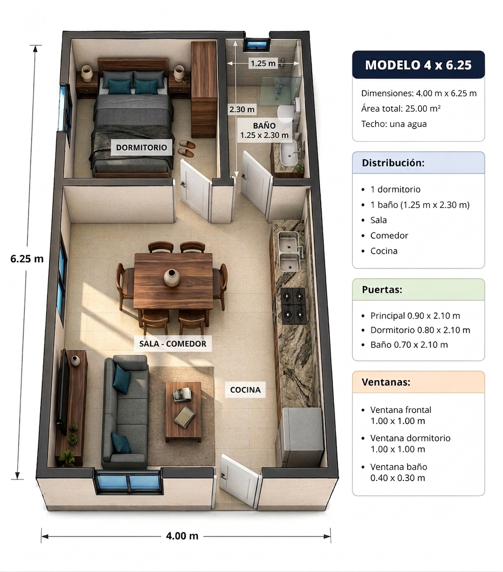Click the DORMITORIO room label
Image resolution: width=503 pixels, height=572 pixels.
coord(141,147)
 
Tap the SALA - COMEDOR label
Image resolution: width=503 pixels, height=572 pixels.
coord(173,344)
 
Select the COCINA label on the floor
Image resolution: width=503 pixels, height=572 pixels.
coord(245,390)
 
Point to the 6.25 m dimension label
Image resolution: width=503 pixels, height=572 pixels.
coord(27,259)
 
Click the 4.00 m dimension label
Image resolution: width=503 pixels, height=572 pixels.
coord(182,535)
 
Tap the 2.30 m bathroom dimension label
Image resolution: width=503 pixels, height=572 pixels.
coord(242,109)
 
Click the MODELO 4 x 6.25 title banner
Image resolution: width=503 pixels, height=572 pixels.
coord(418,64)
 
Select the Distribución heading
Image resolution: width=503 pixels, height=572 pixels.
coord(393,163)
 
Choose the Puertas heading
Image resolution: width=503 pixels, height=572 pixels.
coord(382,290)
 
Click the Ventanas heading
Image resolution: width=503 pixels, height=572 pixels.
coord(386,382)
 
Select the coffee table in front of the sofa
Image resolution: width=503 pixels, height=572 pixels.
coord(183,412)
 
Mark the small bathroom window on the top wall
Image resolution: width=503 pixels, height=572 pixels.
coord(258,44)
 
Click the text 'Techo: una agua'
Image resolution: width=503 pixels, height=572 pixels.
coord(394,124)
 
